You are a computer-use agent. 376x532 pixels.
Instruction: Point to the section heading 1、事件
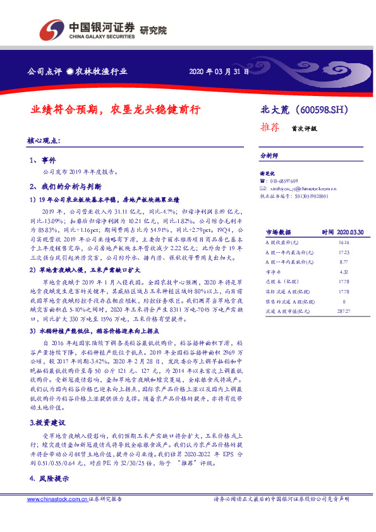pyautogui.click(x=43, y=160)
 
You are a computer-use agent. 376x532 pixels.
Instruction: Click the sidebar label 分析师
pyautogui.click(x=270, y=155)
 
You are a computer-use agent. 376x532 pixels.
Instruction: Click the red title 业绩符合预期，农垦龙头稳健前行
pyautogui.click(x=116, y=109)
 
